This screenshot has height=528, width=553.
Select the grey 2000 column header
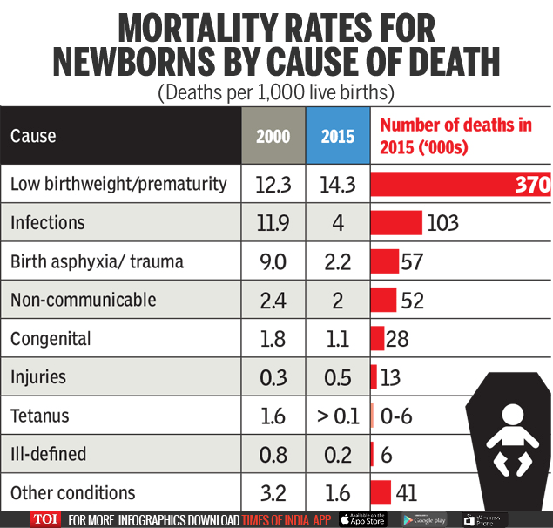point(273,136)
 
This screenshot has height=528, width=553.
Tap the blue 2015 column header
point(338,136)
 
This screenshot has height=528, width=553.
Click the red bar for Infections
point(397,223)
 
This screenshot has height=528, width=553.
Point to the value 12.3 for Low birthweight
point(273,184)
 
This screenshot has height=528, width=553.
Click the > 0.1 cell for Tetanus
point(338,416)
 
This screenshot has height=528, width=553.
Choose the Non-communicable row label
point(84,300)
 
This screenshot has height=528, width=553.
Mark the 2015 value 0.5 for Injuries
point(338,377)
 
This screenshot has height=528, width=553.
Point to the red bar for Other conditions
point(381,493)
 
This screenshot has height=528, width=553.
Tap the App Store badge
point(361,519)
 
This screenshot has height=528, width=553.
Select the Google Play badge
point(423,519)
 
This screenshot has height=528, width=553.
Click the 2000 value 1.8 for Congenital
point(273,338)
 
